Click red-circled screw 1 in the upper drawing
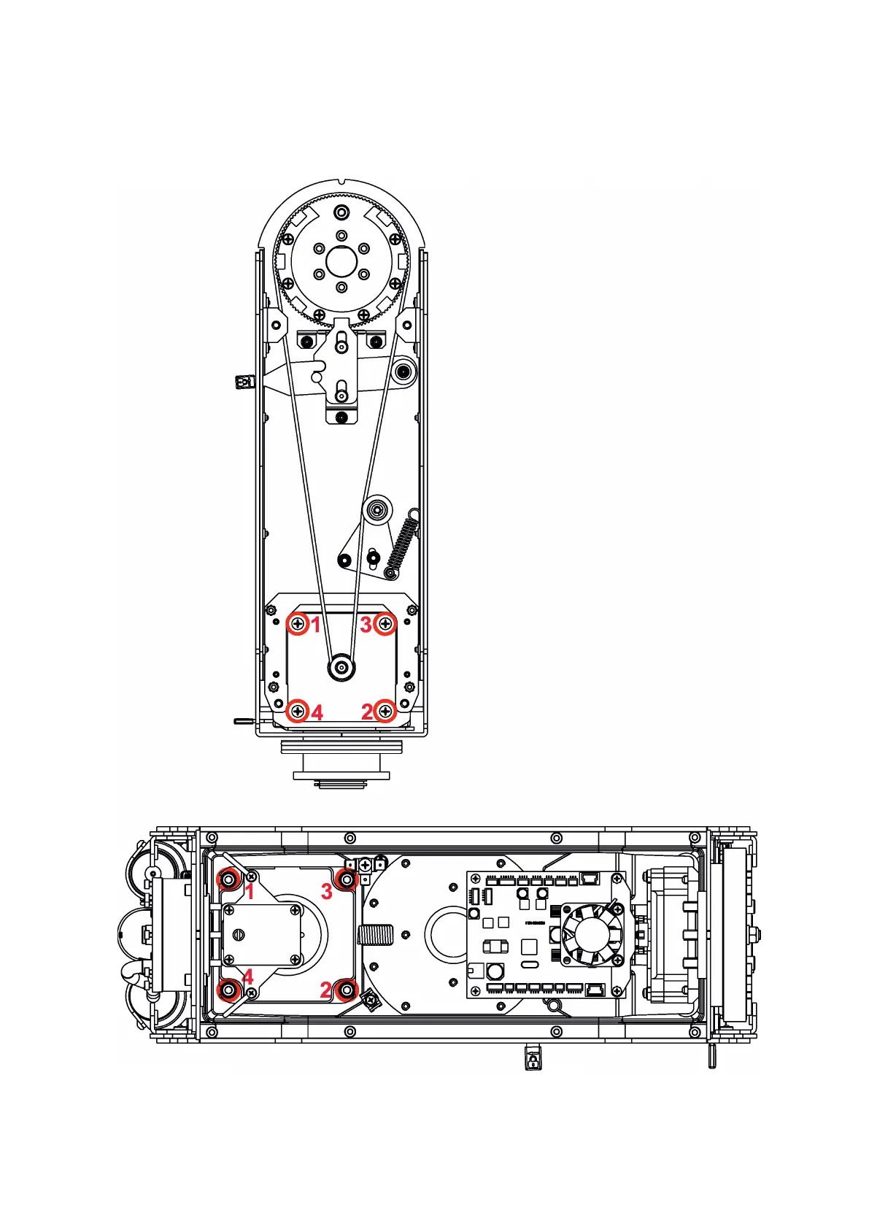298,624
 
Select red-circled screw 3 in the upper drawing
385,624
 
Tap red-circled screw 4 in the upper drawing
298,711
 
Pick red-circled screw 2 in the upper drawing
386,711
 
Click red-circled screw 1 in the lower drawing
229,880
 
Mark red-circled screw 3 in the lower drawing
347,880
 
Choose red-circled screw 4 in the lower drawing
229,990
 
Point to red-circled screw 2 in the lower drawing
347,990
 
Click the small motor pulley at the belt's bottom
341,666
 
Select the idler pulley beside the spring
377,510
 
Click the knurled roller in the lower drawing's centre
376,934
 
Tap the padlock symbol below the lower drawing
533,1059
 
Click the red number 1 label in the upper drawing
315,625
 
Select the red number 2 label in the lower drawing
326,990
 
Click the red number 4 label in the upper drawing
317,713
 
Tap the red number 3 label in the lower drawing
327,891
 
